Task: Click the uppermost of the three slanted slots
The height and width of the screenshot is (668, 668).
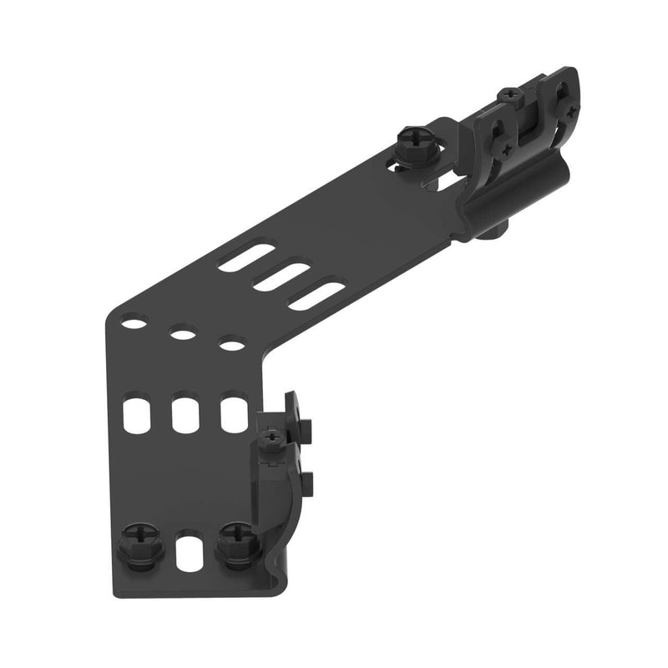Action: pos(246,256)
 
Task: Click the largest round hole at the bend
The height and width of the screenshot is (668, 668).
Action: pos(133,321)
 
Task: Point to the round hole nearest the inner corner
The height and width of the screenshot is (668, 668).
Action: pos(232,342)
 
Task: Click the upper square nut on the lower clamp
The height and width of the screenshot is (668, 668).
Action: pos(305,428)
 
